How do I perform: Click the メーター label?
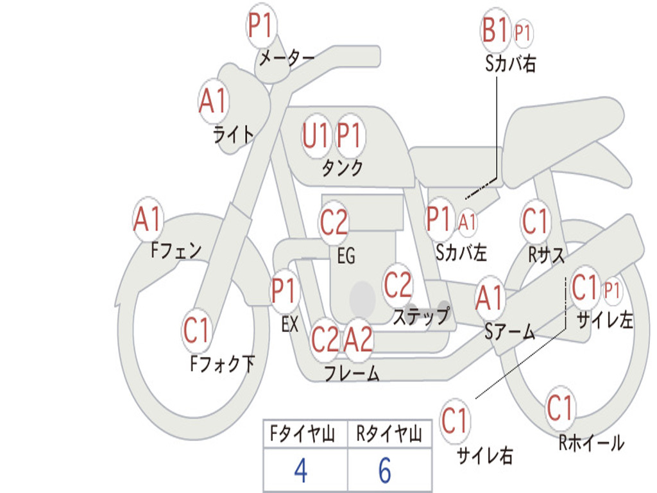coord(287,58)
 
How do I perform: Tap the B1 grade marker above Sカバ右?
coord(495,30)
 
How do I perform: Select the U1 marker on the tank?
coord(315,136)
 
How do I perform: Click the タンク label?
coord(343,168)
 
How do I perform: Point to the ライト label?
coord(234,134)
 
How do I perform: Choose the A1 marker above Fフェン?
coord(148,219)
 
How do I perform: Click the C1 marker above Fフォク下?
coord(196,331)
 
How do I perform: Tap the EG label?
coord(346,255)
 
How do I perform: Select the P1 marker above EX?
coord(285,291)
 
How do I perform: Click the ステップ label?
coord(422,315)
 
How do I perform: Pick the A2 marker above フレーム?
coord(359,340)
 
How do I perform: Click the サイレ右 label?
coord(485,455)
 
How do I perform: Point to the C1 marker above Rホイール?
coord(559,408)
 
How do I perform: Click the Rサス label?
coord(546,255)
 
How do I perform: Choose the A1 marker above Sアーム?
coord(490,298)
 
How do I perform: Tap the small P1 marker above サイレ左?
coord(611,290)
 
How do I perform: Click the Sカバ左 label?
coord(461,252)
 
